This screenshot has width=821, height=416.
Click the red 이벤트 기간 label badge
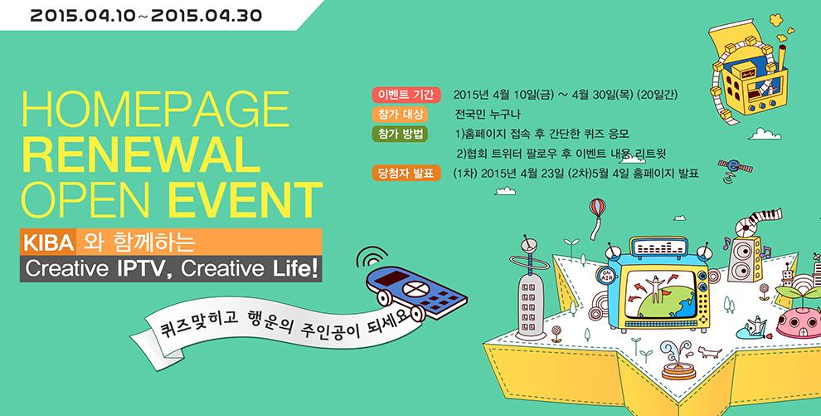click(404, 93)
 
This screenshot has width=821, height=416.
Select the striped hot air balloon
click(595, 209)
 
